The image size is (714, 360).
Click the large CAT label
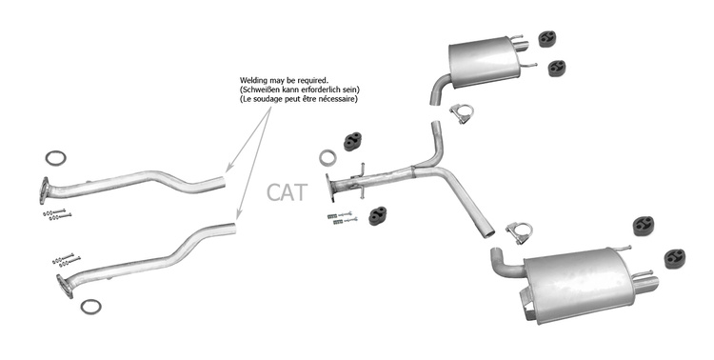(x=287, y=192)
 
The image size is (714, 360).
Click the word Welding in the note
(x=253, y=81)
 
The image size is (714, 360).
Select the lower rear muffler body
(x=578, y=285)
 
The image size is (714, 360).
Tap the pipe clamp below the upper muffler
(x=462, y=114)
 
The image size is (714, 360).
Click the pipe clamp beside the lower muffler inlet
(x=520, y=232)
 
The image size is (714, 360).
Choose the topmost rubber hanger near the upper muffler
(x=547, y=39)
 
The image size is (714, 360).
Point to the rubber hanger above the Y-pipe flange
(x=353, y=141)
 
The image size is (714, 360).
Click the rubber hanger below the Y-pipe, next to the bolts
(x=378, y=216)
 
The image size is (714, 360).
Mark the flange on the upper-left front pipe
(x=44, y=190)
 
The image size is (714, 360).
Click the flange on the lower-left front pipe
(x=64, y=286)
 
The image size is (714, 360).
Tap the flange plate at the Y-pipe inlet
(x=329, y=188)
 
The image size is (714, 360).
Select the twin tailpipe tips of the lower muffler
(x=645, y=282)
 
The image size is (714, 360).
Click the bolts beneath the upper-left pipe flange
(x=57, y=214)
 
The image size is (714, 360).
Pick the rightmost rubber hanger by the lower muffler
(x=675, y=258)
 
